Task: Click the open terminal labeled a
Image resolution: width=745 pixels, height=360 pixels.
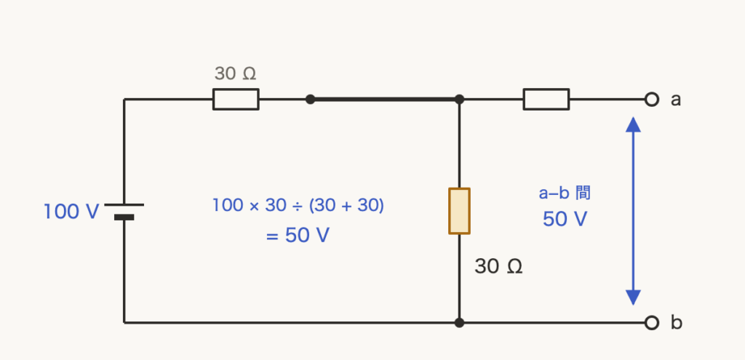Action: point(652,99)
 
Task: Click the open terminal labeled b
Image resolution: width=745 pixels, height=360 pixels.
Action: point(652,323)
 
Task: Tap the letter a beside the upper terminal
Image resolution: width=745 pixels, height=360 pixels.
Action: point(676,100)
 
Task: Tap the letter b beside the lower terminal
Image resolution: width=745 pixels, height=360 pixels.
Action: point(676,322)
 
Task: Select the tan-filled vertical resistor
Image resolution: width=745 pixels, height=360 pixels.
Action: point(460,211)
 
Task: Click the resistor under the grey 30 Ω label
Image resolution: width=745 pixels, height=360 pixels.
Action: point(236,99)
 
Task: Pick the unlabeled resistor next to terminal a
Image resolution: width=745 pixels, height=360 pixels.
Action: point(546,99)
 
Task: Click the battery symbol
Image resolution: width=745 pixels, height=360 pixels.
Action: point(124,211)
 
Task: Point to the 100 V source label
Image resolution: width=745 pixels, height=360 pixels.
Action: point(71,212)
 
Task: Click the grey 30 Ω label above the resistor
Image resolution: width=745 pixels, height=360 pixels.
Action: point(235,73)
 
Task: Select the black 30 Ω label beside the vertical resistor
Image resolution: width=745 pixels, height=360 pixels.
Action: point(498,266)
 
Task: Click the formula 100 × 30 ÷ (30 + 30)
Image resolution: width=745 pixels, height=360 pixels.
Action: point(298,205)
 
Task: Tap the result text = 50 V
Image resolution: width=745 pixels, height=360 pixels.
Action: point(298,236)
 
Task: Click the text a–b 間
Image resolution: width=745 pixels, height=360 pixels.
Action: point(565,193)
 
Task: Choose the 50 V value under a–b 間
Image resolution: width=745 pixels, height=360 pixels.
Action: point(565,219)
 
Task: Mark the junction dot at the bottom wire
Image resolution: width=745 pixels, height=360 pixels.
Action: point(459,323)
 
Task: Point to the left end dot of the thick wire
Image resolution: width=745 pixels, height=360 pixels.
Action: point(310,99)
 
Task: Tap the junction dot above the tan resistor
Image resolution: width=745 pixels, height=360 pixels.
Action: point(459,99)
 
